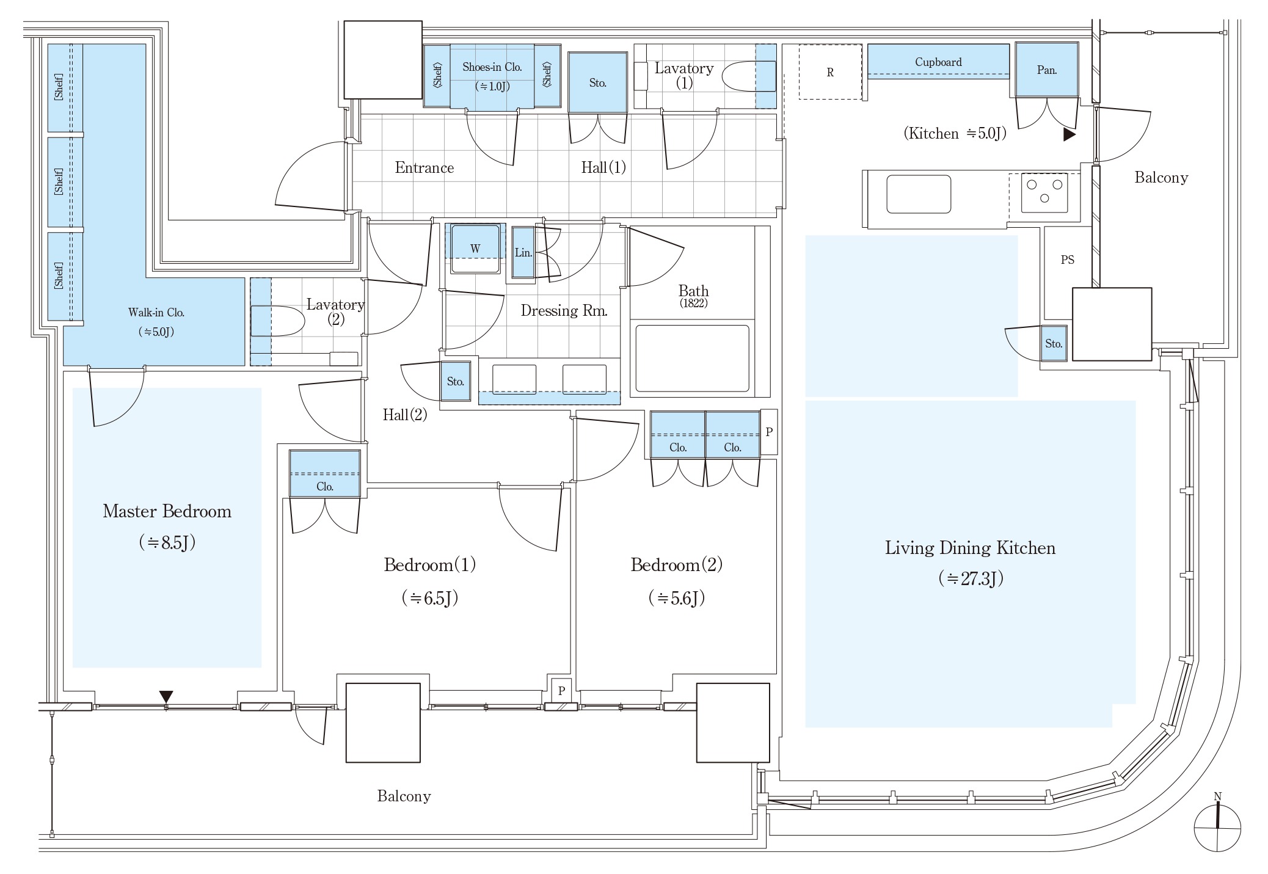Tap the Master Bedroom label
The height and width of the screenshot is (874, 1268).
[167, 511]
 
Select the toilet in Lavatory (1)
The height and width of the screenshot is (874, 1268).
[748, 78]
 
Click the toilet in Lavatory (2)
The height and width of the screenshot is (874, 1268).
[278, 321]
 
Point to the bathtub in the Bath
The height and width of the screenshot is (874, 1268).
[692, 359]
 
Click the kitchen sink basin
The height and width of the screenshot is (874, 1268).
[918, 194]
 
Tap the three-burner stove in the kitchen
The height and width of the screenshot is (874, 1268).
[1044, 192]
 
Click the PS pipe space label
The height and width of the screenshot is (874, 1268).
[1067, 260]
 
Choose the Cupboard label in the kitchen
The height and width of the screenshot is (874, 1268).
[938, 62]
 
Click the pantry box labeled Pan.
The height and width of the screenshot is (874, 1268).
[1046, 70]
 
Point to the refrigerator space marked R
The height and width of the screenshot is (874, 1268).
[830, 72]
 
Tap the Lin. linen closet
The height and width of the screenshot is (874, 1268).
[523, 252]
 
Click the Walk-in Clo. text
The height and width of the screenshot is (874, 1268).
[156, 312]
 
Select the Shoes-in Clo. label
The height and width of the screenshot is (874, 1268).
[492, 67]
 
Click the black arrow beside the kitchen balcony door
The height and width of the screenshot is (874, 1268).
[1069, 134]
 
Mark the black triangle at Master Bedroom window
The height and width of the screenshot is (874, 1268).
[166, 696]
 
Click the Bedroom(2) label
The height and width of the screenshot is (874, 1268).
[676, 564]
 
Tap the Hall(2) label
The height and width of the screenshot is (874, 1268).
[404, 415]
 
